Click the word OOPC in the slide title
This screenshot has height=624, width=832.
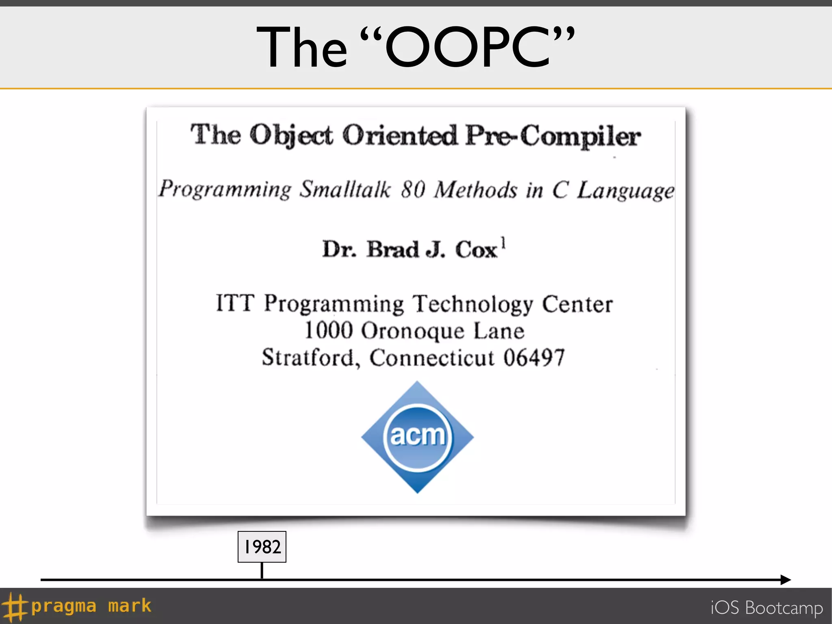click(x=467, y=48)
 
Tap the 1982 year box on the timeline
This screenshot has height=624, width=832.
click(x=262, y=547)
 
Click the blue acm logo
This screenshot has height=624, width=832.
click(x=417, y=437)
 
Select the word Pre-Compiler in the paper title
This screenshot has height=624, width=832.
click(x=553, y=136)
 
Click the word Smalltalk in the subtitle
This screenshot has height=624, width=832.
click(x=345, y=190)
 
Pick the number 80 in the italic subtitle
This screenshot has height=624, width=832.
click(x=413, y=190)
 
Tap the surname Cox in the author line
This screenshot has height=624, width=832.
click(x=476, y=249)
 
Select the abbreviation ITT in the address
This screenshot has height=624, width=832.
click(x=235, y=303)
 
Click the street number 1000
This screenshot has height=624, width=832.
click(x=329, y=330)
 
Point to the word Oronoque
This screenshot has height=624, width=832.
click(x=412, y=331)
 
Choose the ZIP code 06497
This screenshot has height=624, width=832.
click(x=534, y=358)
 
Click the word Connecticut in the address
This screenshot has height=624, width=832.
click(x=432, y=358)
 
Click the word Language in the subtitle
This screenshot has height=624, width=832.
click(x=626, y=191)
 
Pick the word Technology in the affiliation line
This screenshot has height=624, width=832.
click(x=472, y=305)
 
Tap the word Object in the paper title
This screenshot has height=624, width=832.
click(x=291, y=136)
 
